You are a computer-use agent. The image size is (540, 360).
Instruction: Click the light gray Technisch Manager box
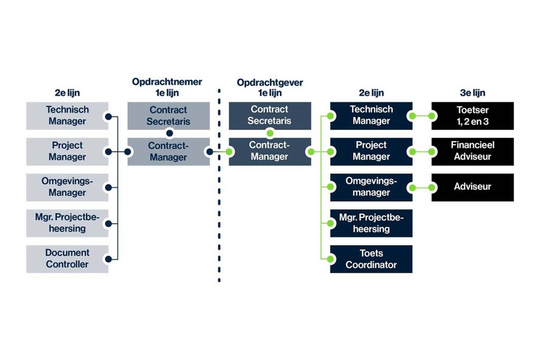pyautogui.click(x=67, y=115)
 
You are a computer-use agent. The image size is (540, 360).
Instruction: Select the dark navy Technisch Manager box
pyautogui.click(x=371, y=115)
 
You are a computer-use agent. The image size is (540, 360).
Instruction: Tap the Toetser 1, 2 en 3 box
pyautogui.click(x=472, y=115)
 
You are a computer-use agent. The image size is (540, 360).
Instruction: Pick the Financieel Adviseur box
pyautogui.click(x=472, y=151)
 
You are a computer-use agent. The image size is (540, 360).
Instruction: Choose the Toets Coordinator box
pyautogui.click(x=371, y=259)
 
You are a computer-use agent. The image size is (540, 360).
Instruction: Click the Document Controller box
pyautogui.click(x=67, y=259)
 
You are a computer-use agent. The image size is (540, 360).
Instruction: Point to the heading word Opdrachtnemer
pyautogui.click(x=167, y=82)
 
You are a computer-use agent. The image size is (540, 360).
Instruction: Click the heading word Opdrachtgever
pyautogui.click(x=270, y=82)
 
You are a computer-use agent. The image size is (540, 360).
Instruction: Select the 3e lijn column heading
pyautogui.click(x=472, y=93)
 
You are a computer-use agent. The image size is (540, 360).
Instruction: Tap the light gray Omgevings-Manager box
pyautogui.click(x=67, y=187)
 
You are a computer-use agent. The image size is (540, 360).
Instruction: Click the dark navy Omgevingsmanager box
pyautogui.click(x=371, y=187)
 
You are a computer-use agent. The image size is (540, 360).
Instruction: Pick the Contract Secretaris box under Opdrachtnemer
pyautogui.click(x=168, y=115)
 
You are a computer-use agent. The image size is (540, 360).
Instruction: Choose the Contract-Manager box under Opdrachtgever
pyautogui.click(x=269, y=151)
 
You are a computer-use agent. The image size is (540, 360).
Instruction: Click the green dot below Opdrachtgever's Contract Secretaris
pyautogui.click(x=270, y=133)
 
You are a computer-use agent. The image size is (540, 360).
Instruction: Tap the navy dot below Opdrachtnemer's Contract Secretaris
pyautogui.click(x=169, y=133)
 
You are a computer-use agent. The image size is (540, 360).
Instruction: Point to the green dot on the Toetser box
pyautogui.click(x=432, y=116)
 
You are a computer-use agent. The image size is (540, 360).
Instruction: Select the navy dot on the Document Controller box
pyautogui.click(x=108, y=259)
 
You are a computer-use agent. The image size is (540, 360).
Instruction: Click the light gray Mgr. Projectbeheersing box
pyautogui.click(x=67, y=223)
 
